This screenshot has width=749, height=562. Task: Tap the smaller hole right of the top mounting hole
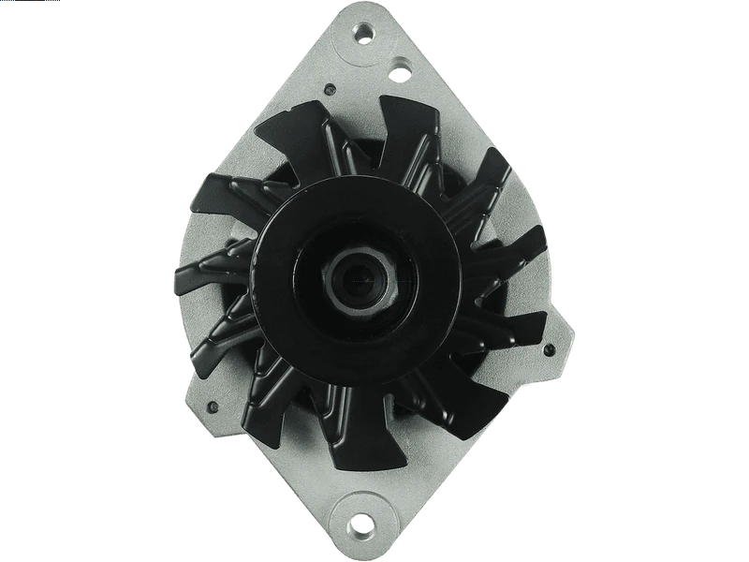tap(400, 69)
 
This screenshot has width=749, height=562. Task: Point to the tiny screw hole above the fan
tap(329, 91)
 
